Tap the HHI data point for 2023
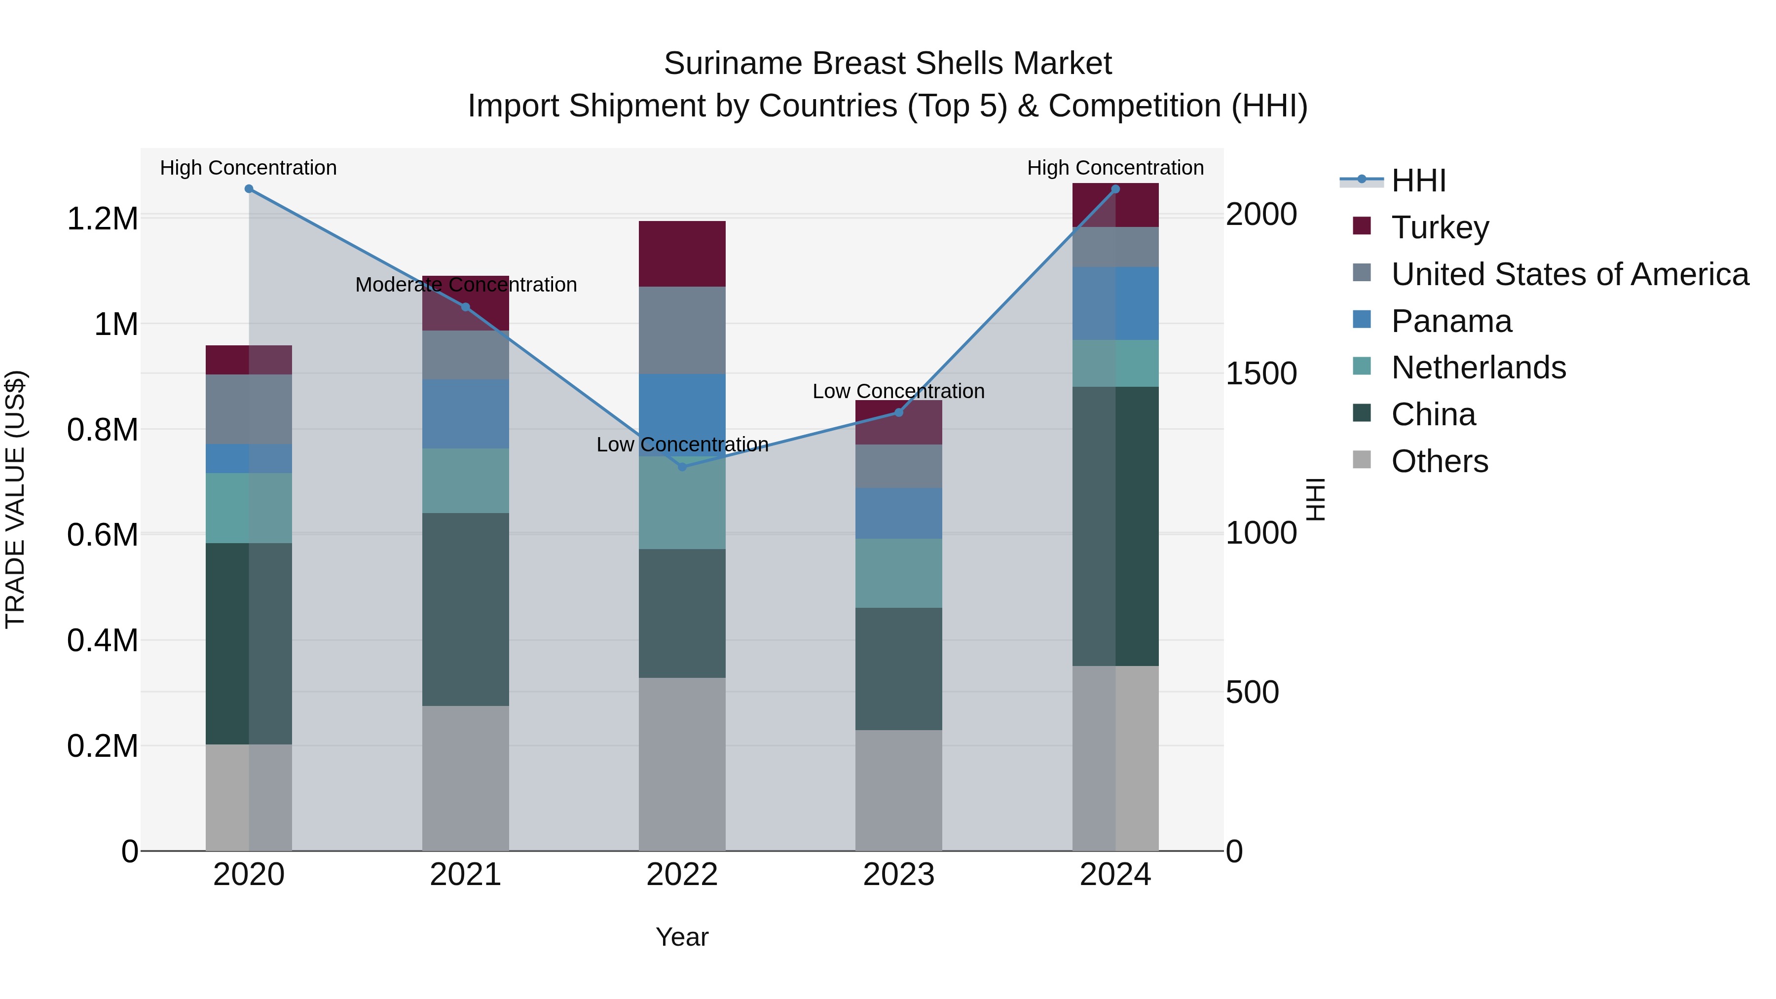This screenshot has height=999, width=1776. (x=898, y=412)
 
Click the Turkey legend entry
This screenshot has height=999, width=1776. (x=1440, y=227)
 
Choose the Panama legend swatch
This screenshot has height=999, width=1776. (x=1362, y=320)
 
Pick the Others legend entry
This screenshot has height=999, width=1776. (x=1439, y=461)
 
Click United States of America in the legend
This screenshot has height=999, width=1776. (x=1569, y=274)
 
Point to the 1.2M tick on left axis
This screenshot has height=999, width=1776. (x=102, y=219)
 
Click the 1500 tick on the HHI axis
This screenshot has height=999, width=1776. (x=1261, y=373)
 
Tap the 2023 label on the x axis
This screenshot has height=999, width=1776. (x=898, y=875)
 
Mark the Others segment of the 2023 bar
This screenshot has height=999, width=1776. (x=898, y=790)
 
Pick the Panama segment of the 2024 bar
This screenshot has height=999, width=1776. (x=1115, y=303)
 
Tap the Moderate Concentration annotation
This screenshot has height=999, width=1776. (x=466, y=285)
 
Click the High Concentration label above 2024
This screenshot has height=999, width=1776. (x=1115, y=168)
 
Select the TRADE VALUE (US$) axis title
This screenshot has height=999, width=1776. (x=15, y=499)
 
